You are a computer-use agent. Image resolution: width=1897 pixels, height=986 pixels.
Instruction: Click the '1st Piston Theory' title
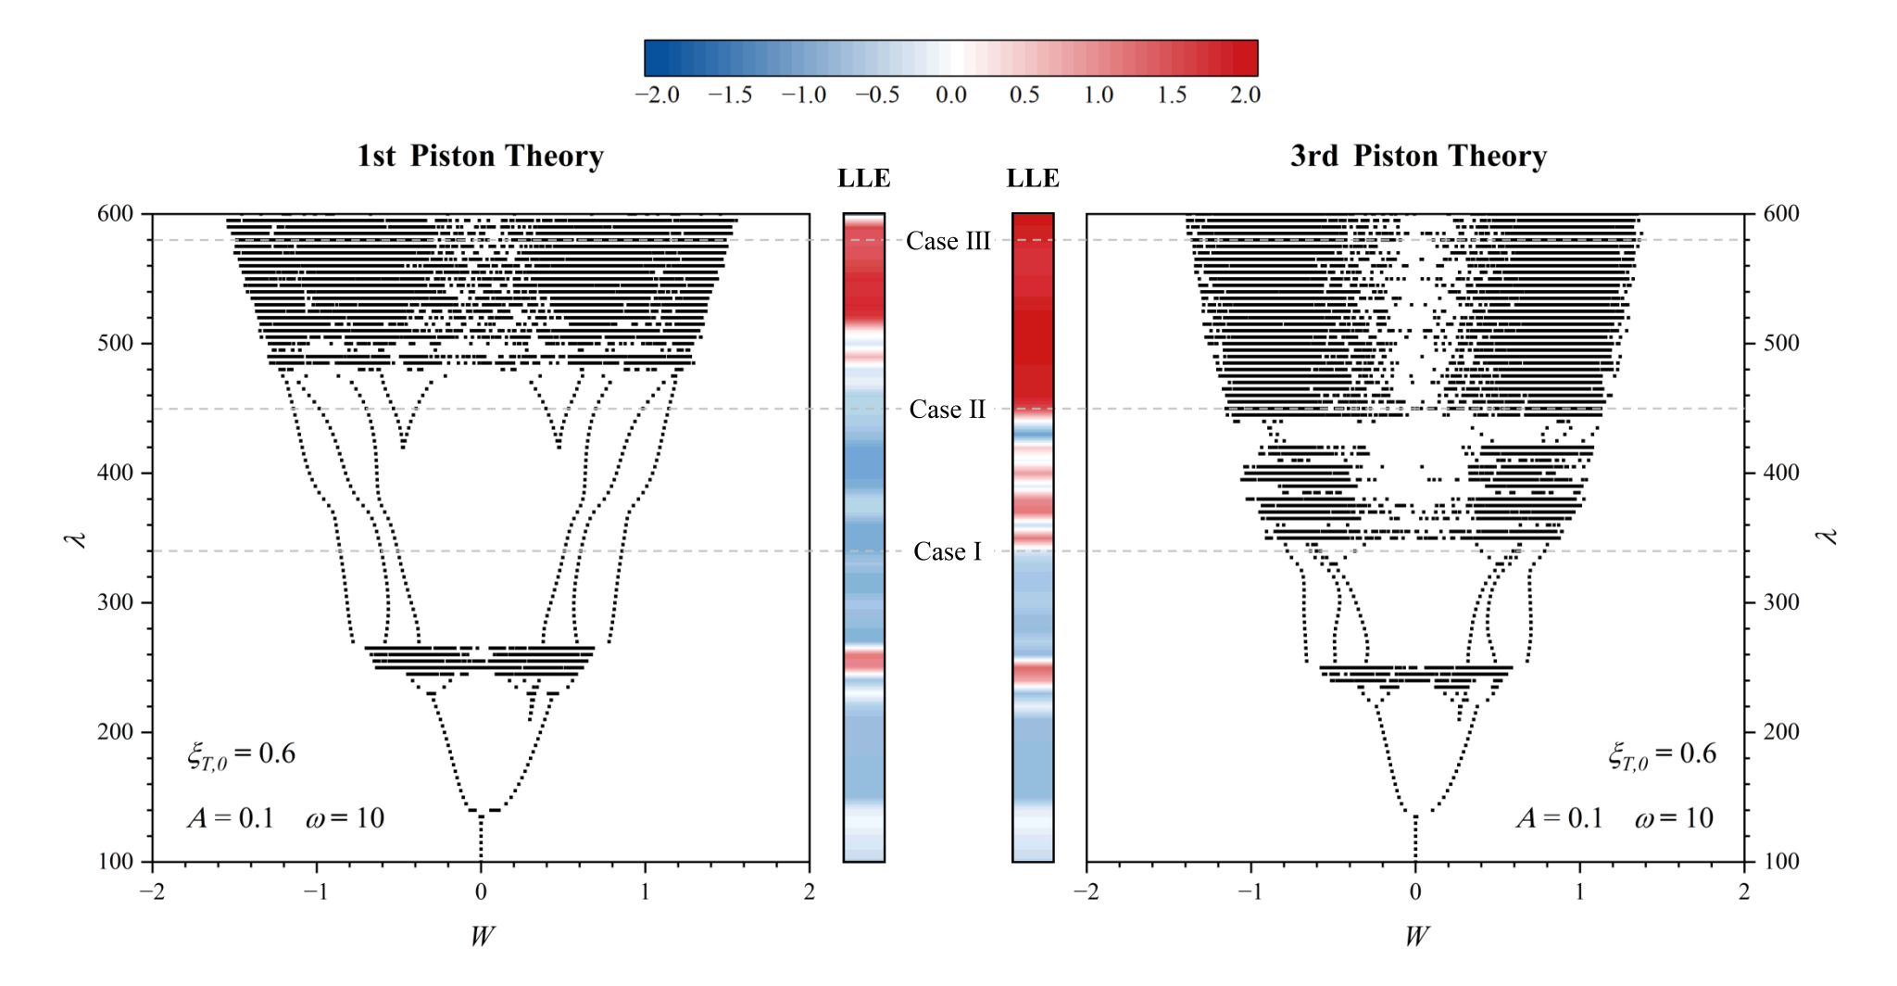pyautogui.click(x=480, y=156)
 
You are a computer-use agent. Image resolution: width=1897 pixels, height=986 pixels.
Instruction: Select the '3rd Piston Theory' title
pyautogui.click(x=1418, y=156)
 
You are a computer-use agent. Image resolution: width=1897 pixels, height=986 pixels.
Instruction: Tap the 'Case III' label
pyautogui.click(x=948, y=241)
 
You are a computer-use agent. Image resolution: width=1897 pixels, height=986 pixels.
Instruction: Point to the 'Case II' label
pyautogui.click(x=948, y=410)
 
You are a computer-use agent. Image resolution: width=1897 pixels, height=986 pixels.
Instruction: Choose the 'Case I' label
pyautogui.click(x=948, y=551)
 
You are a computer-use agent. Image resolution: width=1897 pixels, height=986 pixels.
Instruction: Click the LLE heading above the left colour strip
pyautogui.click(x=863, y=179)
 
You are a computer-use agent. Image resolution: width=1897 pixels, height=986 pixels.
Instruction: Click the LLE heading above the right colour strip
pyautogui.click(x=1033, y=179)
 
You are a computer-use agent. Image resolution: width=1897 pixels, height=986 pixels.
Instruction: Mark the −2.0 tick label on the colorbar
pyautogui.click(x=657, y=95)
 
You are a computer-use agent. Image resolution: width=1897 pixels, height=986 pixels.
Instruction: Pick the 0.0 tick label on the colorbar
pyautogui.click(x=951, y=95)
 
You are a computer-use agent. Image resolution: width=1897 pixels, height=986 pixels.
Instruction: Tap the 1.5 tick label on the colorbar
pyautogui.click(x=1172, y=95)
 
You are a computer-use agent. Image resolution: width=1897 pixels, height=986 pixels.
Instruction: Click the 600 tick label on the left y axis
pyautogui.click(x=115, y=214)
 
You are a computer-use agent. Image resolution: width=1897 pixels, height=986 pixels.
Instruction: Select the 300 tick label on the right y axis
pyautogui.click(x=1780, y=602)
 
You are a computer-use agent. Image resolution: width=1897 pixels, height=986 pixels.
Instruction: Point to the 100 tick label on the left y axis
pyautogui.click(x=115, y=862)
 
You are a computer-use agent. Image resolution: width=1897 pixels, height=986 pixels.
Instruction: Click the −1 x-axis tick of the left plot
pyautogui.click(x=316, y=892)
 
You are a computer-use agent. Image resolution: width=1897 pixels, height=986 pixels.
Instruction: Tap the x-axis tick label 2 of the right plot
pyautogui.click(x=1744, y=892)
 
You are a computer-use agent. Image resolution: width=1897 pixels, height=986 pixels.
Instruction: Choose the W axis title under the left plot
pyautogui.click(x=481, y=936)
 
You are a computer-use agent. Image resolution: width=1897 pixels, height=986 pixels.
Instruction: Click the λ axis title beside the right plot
pyautogui.click(x=1828, y=537)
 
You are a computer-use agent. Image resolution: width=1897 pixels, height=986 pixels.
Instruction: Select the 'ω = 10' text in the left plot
pyautogui.click(x=345, y=818)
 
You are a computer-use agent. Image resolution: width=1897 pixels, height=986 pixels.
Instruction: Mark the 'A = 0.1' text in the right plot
pyautogui.click(x=1559, y=818)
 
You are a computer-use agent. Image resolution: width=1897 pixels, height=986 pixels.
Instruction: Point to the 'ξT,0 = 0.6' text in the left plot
pyautogui.click(x=241, y=754)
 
